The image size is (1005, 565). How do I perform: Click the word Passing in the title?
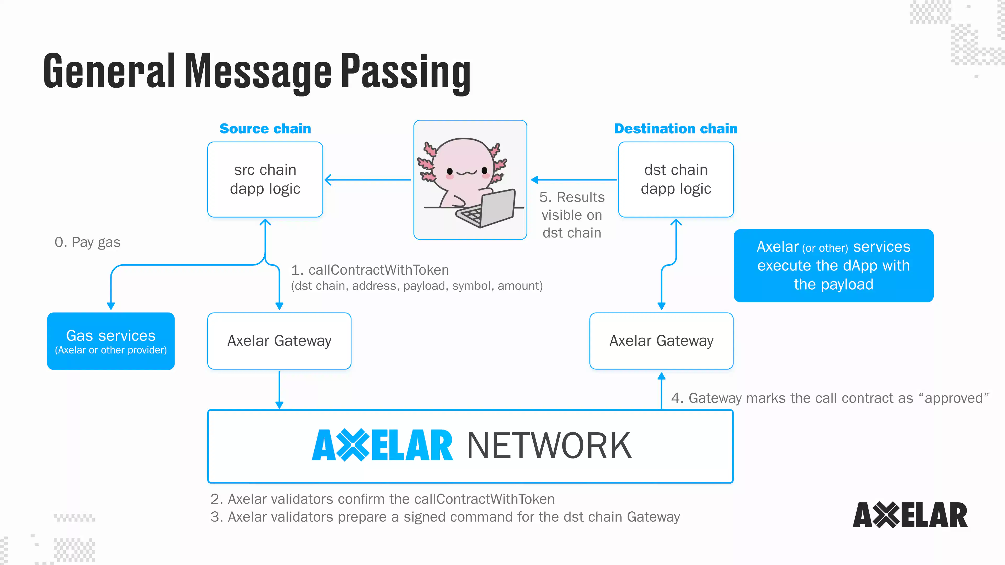point(406,72)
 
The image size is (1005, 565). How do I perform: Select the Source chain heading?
point(265,129)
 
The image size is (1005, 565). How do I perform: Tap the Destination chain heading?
point(676,129)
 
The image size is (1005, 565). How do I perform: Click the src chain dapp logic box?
point(265,179)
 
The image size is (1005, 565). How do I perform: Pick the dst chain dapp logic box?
point(676,179)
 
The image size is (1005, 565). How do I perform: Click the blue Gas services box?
point(111,341)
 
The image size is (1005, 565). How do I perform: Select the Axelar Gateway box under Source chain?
point(279,341)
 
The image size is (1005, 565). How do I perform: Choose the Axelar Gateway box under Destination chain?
point(661,341)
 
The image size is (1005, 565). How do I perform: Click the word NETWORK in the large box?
point(549,446)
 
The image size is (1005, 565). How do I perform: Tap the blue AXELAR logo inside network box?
point(382,446)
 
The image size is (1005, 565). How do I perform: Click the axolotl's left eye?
point(450,171)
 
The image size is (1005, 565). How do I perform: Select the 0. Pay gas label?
point(87,242)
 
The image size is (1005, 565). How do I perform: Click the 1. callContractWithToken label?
point(370,270)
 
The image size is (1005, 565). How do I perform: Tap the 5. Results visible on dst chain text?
point(572,215)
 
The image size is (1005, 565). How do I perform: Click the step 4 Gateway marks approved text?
point(830,398)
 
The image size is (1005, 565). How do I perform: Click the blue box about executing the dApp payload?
point(833,265)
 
